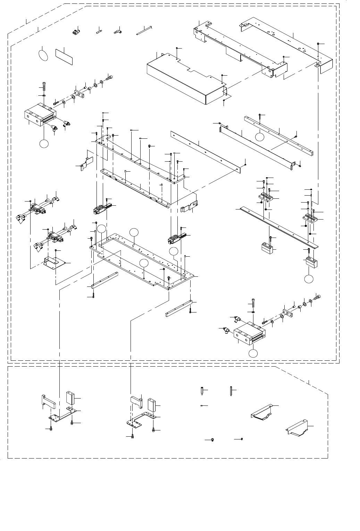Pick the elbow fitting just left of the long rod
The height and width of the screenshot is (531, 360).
[x=117, y=32]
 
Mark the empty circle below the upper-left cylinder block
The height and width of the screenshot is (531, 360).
[x=44, y=144]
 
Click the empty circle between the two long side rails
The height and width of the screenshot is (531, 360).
[x=259, y=137]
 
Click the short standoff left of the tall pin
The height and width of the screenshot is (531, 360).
[x=202, y=391]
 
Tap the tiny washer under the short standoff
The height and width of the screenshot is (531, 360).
[x=202, y=405]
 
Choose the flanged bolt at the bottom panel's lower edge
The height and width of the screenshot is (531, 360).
[x=212, y=440]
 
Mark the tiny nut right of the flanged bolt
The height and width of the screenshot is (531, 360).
[x=242, y=439]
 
